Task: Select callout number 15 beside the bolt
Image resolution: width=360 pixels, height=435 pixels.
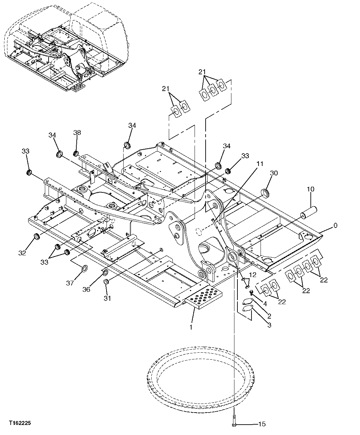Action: click(262, 424)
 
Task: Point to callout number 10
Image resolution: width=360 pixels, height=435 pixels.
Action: click(310, 189)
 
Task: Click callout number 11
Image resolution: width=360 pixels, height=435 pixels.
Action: click(260, 164)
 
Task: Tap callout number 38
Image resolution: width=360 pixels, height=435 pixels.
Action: click(77, 133)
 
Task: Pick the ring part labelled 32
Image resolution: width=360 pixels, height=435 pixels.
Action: click(37, 237)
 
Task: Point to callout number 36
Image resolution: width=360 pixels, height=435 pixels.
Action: click(86, 289)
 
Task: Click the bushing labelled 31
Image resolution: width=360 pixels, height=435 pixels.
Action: click(106, 282)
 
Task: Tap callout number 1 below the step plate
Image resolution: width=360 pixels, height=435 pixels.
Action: click(191, 327)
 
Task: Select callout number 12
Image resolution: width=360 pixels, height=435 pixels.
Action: click(253, 275)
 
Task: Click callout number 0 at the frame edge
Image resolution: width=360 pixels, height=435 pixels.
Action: click(335, 226)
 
